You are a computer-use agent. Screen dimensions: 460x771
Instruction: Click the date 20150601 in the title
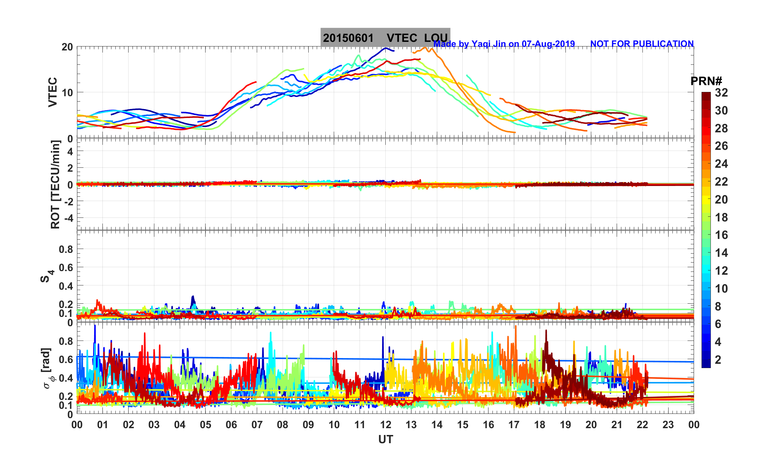coord(348,38)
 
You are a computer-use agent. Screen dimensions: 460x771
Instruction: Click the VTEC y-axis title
coord(53,92)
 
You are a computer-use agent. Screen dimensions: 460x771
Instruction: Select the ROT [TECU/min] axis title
coord(55,185)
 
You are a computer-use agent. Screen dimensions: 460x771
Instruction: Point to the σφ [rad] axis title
coord(47,368)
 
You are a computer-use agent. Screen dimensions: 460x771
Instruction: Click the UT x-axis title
coord(386,439)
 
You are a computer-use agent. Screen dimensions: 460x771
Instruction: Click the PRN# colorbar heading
coord(706,81)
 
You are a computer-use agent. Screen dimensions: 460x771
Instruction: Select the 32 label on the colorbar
coord(721,93)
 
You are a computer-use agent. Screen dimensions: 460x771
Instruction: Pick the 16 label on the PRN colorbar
coord(721,235)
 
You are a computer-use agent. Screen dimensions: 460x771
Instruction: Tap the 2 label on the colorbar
coord(718,359)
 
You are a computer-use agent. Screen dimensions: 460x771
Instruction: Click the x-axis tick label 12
coord(386,425)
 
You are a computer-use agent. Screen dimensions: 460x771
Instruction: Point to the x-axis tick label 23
coord(668,425)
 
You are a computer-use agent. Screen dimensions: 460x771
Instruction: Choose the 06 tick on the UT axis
coord(231,425)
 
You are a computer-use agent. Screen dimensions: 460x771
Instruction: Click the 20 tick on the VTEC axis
coord(67,47)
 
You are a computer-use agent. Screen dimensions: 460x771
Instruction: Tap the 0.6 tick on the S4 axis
coord(66,268)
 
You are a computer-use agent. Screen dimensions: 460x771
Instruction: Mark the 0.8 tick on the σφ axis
coord(66,341)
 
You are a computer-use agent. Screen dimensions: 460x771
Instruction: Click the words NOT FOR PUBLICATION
coord(642,44)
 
